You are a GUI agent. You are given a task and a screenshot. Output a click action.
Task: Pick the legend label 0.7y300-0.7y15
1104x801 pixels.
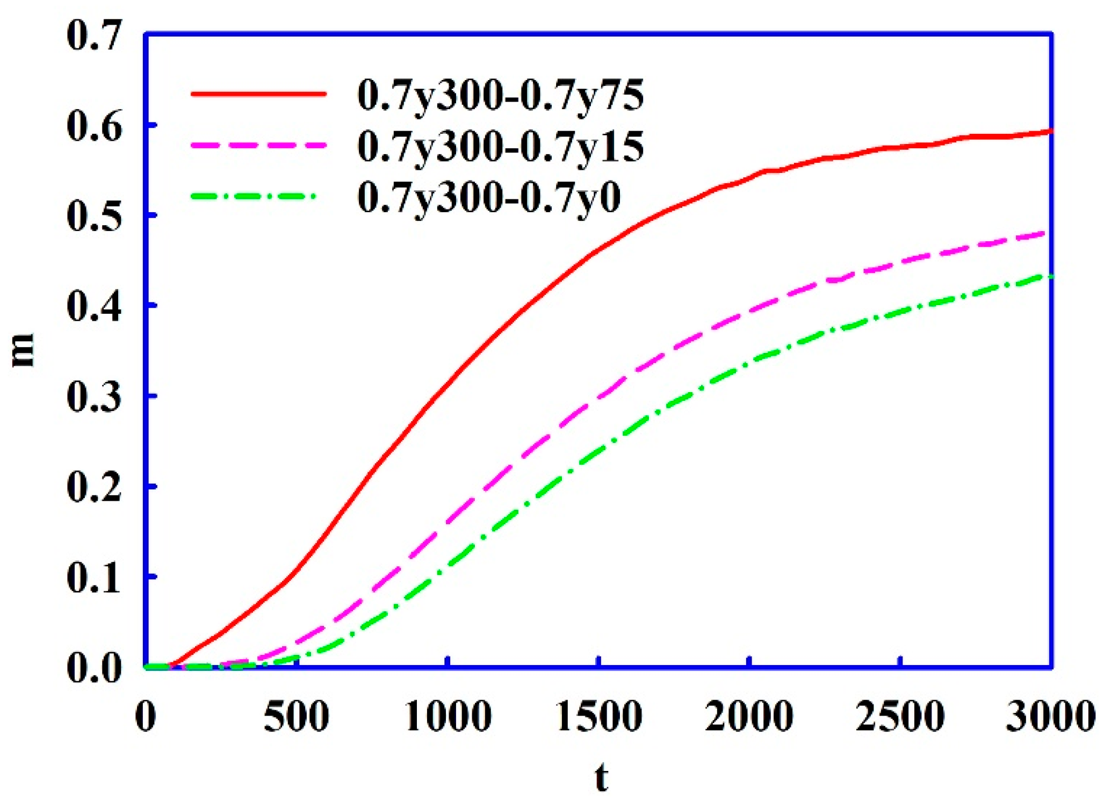point(501,147)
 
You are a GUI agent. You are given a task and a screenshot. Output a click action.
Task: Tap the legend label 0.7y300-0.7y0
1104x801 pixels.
point(489,197)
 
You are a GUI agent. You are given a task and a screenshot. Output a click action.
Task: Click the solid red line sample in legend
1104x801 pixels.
point(258,93)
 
